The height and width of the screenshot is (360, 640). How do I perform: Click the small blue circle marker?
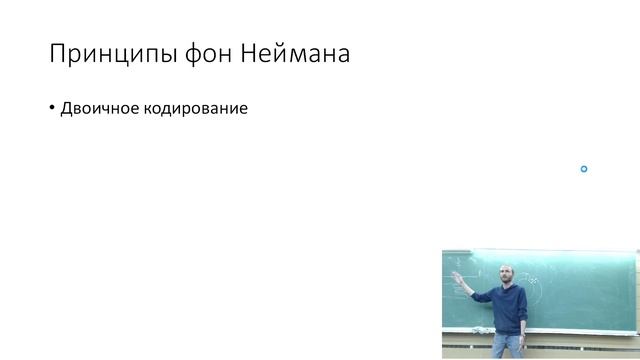(584, 169)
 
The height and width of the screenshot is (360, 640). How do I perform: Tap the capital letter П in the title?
(57, 53)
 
